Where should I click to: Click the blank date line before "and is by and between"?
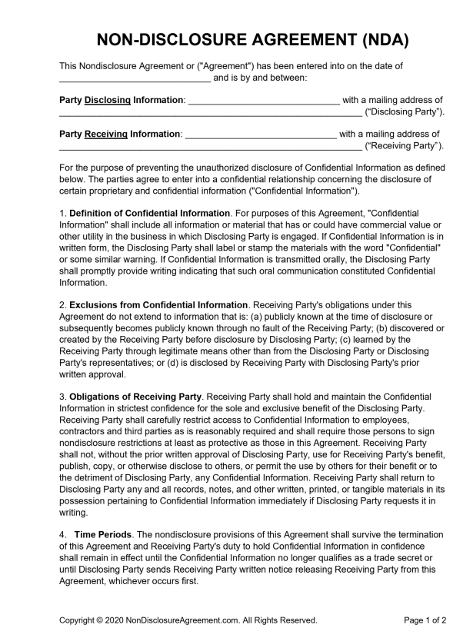click(x=135, y=78)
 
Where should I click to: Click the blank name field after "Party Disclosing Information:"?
click(x=263, y=100)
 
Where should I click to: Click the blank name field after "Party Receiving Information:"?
click(x=261, y=134)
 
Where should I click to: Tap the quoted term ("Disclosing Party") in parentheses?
click(x=405, y=112)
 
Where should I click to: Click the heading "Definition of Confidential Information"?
click(x=150, y=212)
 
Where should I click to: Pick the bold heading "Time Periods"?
click(x=102, y=534)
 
